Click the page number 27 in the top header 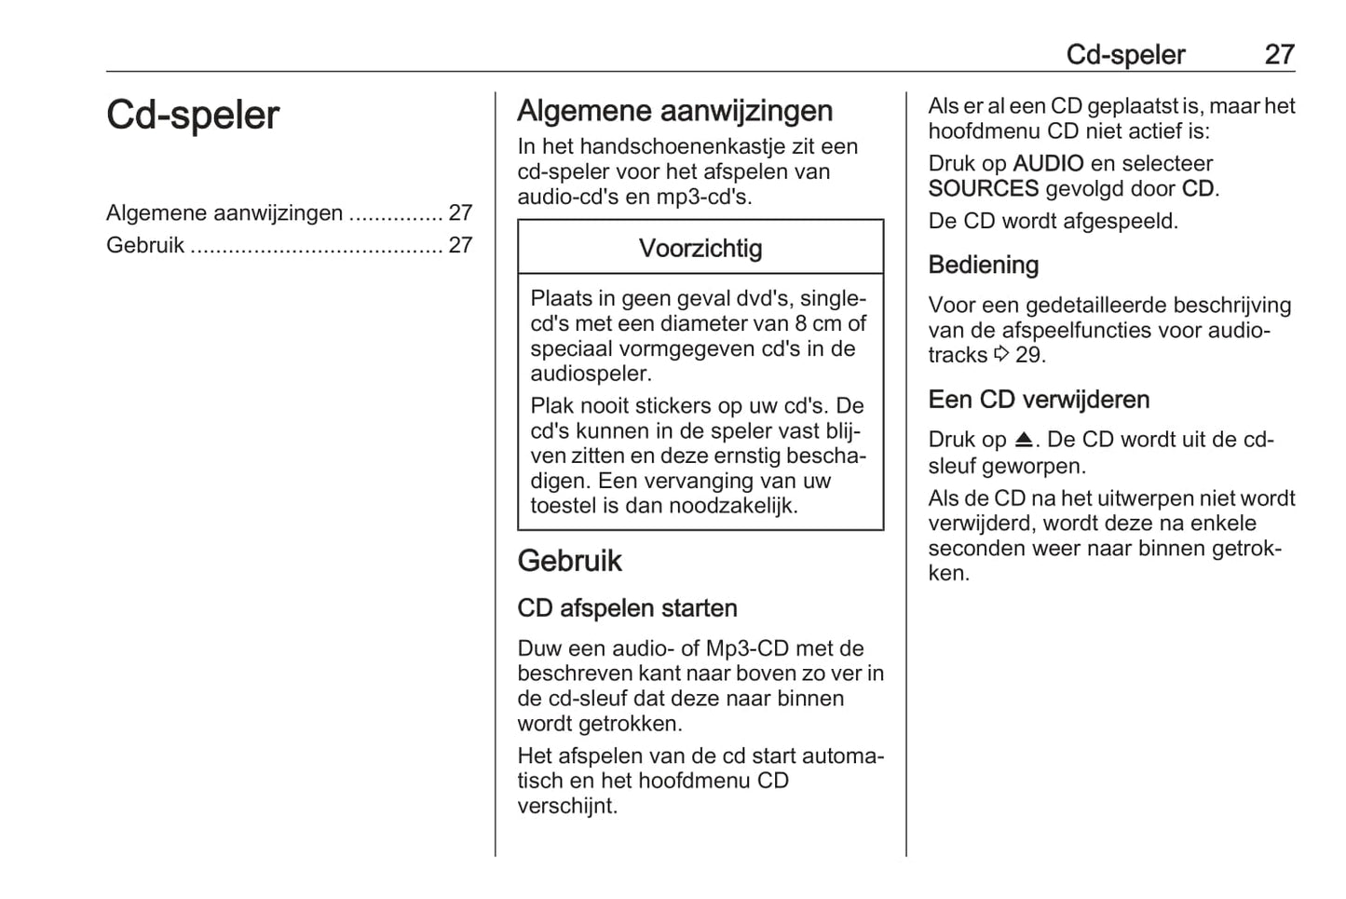coord(1279,55)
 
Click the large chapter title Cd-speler coord(192,116)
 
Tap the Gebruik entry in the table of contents coord(145,245)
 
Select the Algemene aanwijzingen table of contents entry coord(224,212)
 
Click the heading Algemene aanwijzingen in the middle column coord(674,111)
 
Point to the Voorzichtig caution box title coord(700,249)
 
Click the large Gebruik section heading coord(569,561)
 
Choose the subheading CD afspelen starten coord(627,608)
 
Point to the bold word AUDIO coord(1048,164)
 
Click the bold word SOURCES coord(983,189)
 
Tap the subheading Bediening coord(983,266)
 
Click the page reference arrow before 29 coord(1001,355)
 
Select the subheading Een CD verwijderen coord(1039,400)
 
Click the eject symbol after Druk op coord(1024,440)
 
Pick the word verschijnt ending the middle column coord(566,807)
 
